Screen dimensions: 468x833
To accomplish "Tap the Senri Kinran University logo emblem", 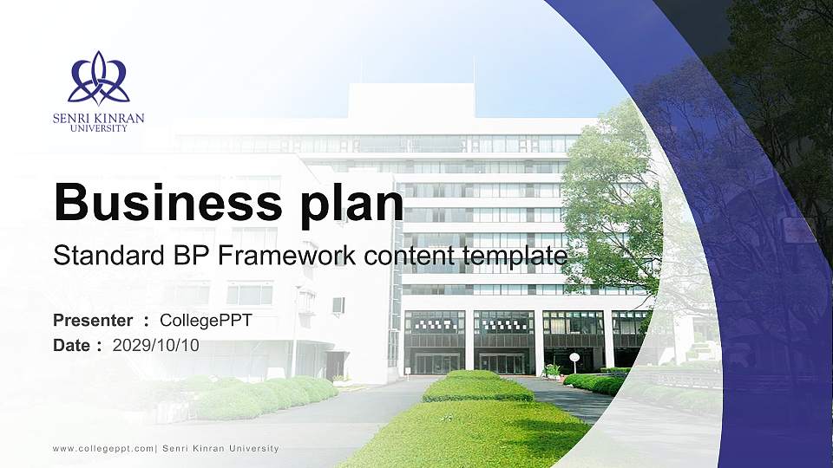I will click(x=98, y=79).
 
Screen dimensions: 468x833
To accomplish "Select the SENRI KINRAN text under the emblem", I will click(x=98, y=118).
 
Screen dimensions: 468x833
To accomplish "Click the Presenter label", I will click(x=93, y=321).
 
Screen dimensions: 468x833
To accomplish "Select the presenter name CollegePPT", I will click(x=206, y=321).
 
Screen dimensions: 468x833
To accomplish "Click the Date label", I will click(x=72, y=345).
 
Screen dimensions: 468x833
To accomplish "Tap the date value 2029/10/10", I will click(x=156, y=345).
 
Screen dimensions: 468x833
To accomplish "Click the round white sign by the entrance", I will click(x=574, y=357).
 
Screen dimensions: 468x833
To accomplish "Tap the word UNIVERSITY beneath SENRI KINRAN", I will click(x=98, y=128).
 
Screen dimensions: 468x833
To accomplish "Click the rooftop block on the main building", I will click(x=410, y=101).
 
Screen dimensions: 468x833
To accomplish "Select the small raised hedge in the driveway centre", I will click(x=476, y=387).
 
